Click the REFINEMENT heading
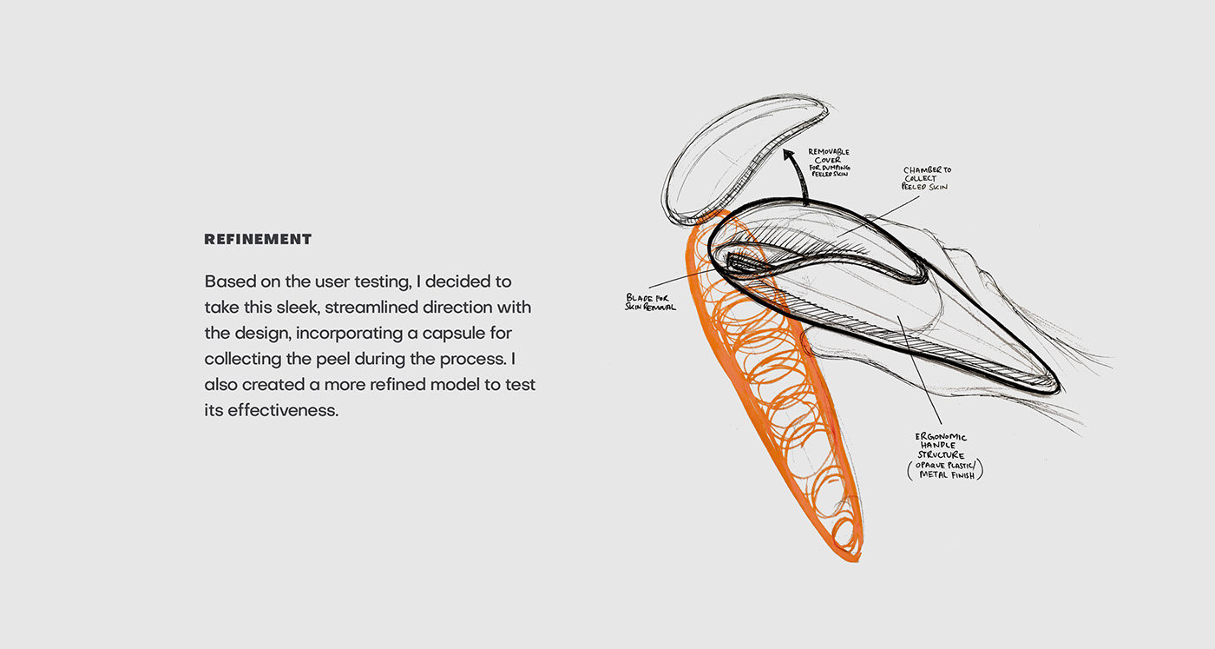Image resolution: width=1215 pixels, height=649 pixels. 258,239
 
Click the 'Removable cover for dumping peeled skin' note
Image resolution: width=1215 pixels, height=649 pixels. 828,162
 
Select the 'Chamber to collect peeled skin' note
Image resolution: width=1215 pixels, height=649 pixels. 926,178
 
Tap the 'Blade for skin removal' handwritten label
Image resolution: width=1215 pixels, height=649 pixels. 651,301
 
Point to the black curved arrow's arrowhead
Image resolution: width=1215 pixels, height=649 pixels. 789,156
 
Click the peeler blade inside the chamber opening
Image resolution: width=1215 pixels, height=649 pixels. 746,261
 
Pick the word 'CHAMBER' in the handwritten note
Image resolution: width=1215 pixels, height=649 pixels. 927,169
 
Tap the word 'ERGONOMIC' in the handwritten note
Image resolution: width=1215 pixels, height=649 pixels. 941,437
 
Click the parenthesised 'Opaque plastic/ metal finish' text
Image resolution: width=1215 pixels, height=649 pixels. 946,469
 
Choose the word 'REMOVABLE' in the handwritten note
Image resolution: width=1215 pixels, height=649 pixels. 829,151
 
